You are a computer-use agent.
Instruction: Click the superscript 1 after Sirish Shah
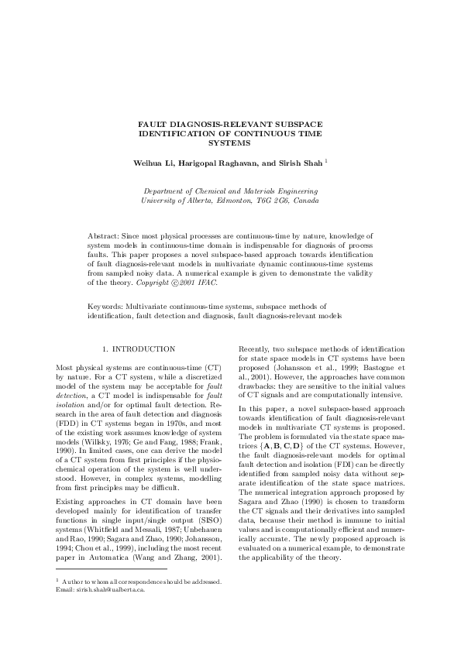point(326,161)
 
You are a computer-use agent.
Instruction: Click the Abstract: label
point(105,235)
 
